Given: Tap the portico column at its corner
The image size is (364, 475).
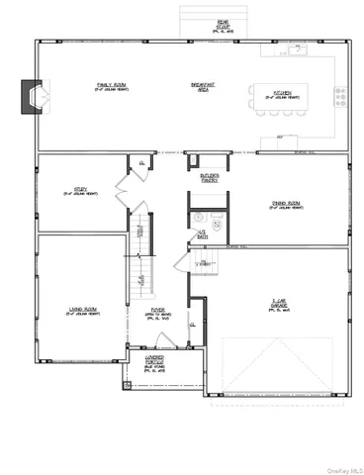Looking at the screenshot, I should click(126, 384).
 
